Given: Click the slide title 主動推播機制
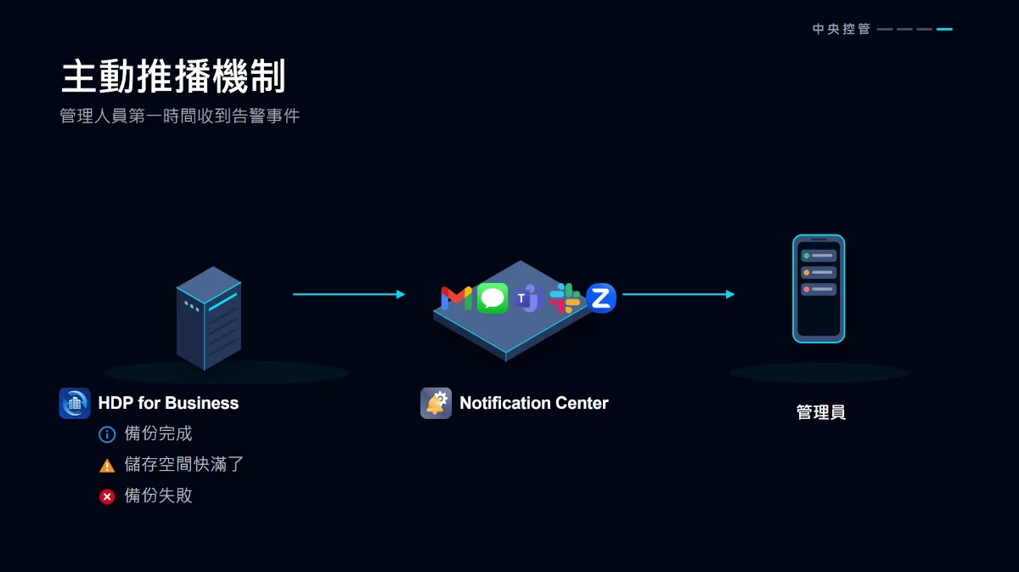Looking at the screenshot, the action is coord(173,76).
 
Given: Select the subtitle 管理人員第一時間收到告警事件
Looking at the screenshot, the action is coord(180,116).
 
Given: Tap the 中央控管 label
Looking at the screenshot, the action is coord(842,29).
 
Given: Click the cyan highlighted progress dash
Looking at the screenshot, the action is coord(944,29).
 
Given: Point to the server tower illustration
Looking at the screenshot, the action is coord(209,318).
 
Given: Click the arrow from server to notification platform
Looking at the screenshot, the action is coord(349,294).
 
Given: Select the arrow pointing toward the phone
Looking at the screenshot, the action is coord(678,294).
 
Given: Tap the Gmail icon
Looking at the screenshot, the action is coord(456,298).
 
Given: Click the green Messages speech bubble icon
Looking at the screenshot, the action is coord(493,298).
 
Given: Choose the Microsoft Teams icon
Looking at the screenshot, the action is coord(528,298).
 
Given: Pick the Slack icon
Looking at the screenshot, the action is coord(565,298).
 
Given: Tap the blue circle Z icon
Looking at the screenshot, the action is coord(601,298).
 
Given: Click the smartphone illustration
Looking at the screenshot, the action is coord(819,289).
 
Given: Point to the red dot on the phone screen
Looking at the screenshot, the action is coord(807,289).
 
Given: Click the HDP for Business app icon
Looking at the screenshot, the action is coord(75,403).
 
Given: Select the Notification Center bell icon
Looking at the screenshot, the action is coord(436,403).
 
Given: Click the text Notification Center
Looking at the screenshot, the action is coord(533,403).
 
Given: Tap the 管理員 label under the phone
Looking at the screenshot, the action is coord(821,412).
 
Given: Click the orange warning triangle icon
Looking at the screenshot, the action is coord(107,466).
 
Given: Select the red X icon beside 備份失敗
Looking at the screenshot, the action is coord(107,496).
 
